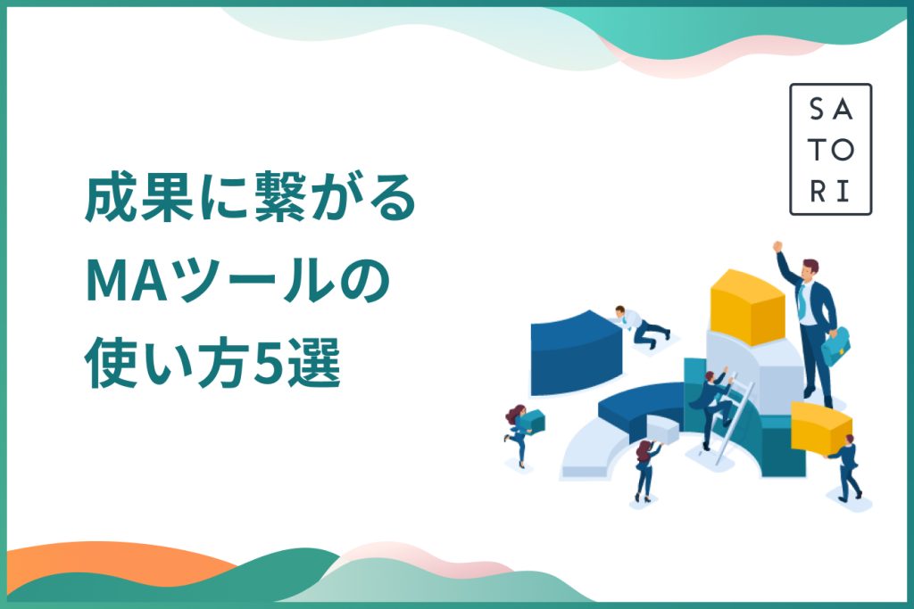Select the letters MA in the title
pos(131,283)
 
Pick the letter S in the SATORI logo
pos(818,109)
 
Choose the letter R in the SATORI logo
pos(818,192)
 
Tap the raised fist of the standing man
pos(777,246)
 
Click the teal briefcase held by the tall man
pos(835,346)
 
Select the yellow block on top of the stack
pos(747,306)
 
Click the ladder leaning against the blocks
pos(734,420)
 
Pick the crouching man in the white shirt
pos(641,325)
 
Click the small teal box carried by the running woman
pos(532,421)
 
